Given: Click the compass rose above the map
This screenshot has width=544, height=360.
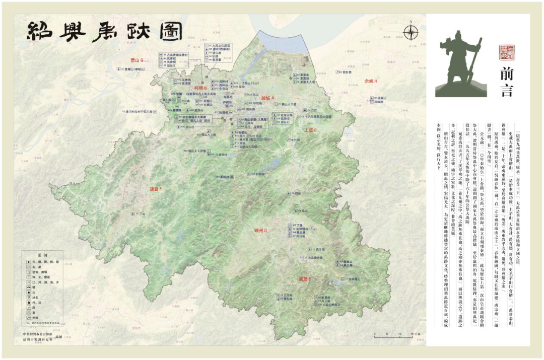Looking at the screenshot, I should click(x=411, y=33).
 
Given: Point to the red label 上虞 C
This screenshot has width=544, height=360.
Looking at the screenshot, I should click(x=311, y=130).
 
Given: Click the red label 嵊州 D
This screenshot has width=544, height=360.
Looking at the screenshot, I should click(x=262, y=230).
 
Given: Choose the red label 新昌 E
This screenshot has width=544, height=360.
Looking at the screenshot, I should click(x=305, y=278).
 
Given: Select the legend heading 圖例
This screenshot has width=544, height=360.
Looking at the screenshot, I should click(x=42, y=255).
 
